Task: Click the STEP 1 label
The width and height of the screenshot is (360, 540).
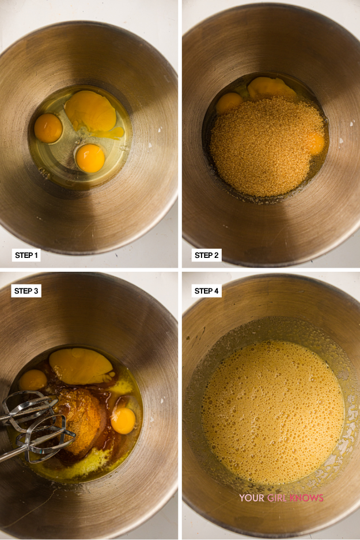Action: point(26,255)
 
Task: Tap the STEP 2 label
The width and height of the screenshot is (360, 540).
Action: point(206,255)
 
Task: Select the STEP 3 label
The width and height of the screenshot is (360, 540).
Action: point(26,291)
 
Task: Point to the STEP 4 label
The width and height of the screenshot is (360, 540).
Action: point(206,291)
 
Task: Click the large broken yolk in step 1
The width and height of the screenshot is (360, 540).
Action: point(91,111)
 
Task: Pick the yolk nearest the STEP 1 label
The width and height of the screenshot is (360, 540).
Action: point(90,158)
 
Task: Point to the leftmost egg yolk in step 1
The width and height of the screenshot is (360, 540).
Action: point(48,128)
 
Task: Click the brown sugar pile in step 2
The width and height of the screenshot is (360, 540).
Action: point(266,146)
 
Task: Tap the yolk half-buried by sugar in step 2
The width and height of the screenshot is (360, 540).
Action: point(316,143)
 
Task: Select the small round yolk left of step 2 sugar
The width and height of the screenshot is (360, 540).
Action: point(229,102)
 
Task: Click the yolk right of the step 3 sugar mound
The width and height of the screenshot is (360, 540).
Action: point(123,421)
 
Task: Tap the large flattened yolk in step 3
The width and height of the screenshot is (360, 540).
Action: point(81,366)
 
